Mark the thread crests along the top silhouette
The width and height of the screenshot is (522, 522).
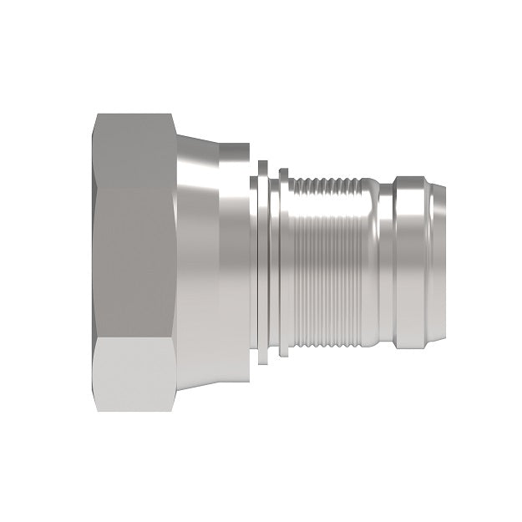click(x=330, y=181)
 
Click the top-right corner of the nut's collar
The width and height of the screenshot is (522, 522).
click(x=248, y=147)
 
